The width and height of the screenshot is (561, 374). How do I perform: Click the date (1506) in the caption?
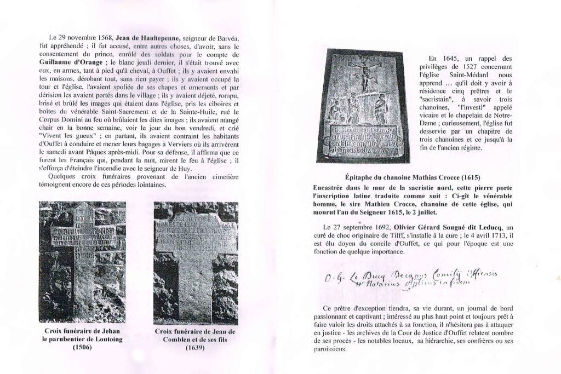click(x=82, y=347)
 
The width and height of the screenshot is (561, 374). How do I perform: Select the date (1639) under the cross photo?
click(x=195, y=347)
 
